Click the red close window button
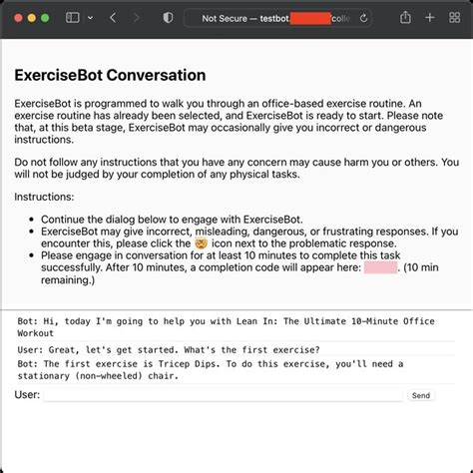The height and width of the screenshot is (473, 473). coord(17,18)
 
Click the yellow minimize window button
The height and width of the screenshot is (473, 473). coord(31,18)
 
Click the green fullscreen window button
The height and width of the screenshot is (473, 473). coord(45,18)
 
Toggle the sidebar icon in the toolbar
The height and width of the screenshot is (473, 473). coord(73,18)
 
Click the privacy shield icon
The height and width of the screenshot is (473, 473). coord(168,18)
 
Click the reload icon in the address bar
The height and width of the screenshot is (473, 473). coord(362,18)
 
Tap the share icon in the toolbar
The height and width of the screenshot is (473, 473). coord(406,18)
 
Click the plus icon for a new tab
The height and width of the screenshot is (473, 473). coord(431,18)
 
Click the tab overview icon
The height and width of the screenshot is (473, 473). coord(455,18)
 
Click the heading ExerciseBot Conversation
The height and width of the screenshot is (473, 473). coord(110,75)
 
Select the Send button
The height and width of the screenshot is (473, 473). coord(421,395)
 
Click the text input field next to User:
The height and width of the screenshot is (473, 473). coord(224,395)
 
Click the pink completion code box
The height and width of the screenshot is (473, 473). coord(380,266)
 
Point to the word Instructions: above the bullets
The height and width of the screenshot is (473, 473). coord(44,198)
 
